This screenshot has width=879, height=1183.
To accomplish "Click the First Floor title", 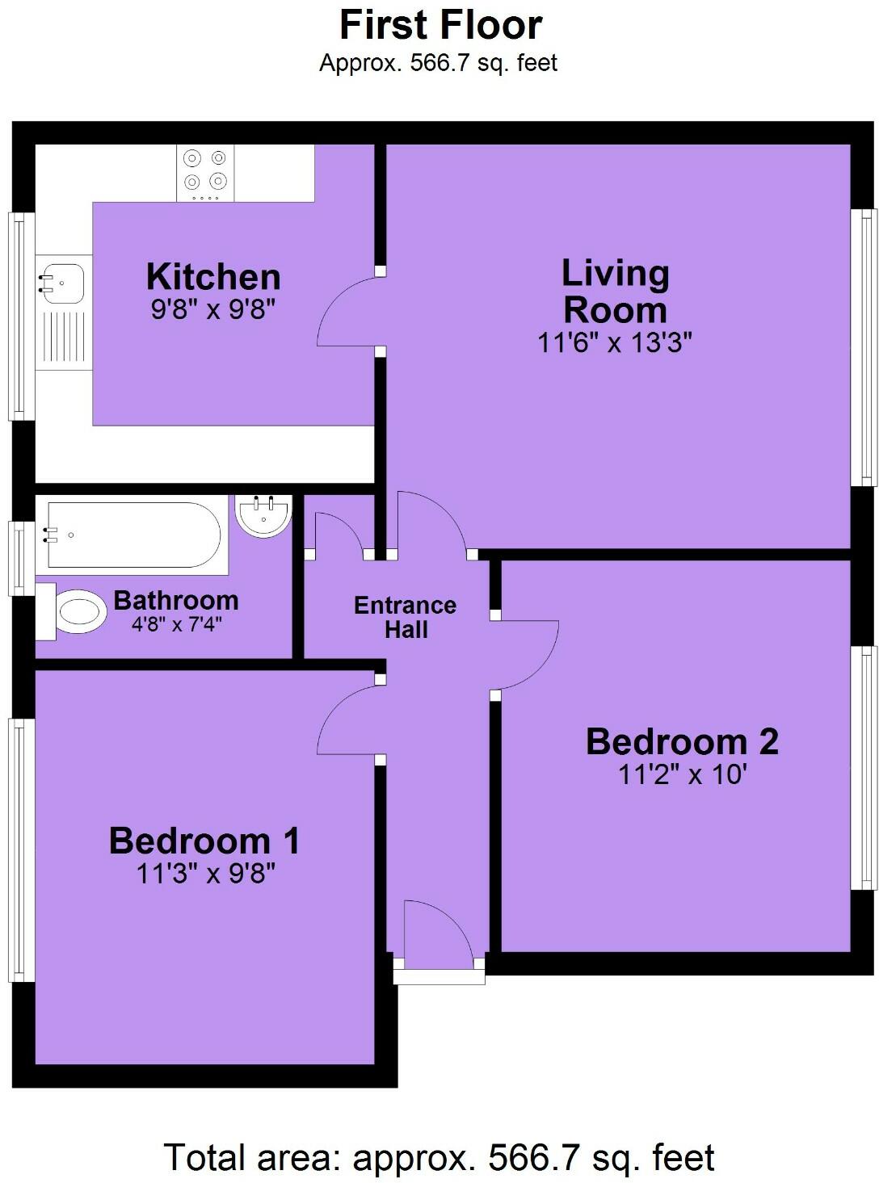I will click(440, 25).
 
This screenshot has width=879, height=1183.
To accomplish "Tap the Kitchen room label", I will click(213, 277).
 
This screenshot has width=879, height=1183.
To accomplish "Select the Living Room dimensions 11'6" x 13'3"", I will click(615, 343).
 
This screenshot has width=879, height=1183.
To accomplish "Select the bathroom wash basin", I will click(263, 516).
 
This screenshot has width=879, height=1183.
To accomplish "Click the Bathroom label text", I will click(176, 600).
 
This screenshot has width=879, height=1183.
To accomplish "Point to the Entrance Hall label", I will click(405, 617).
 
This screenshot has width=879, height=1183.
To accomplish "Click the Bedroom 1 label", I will click(204, 841).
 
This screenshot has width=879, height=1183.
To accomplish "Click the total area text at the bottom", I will click(439, 1158).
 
